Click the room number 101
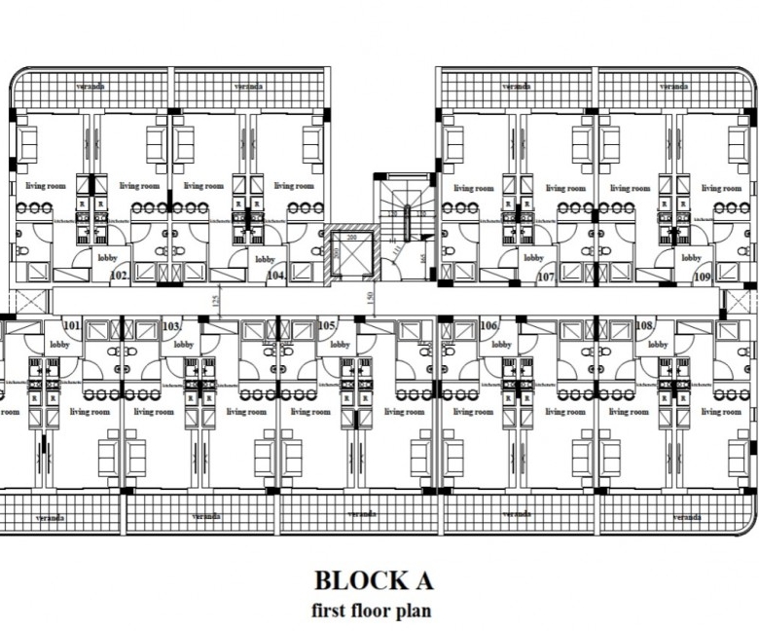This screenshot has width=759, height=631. (71, 325)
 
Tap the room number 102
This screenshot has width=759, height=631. (120, 277)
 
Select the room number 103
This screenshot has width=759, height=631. (172, 325)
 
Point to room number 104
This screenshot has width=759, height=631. (276, 277)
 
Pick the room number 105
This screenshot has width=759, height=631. (328, 325)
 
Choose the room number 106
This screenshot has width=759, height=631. (488, 325)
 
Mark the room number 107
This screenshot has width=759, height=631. (546, 277)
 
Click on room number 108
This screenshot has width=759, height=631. (644, 325)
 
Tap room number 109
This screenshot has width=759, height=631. (703, 277)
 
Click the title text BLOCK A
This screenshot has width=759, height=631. (373, 580)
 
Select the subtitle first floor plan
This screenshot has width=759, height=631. (372, 612)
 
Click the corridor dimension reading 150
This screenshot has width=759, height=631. (371, 296)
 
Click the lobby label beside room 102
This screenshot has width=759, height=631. (106, 259)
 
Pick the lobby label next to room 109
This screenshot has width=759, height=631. (691, 258)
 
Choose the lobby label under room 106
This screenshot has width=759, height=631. (500, 344)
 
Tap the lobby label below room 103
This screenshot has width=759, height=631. (184, 344)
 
